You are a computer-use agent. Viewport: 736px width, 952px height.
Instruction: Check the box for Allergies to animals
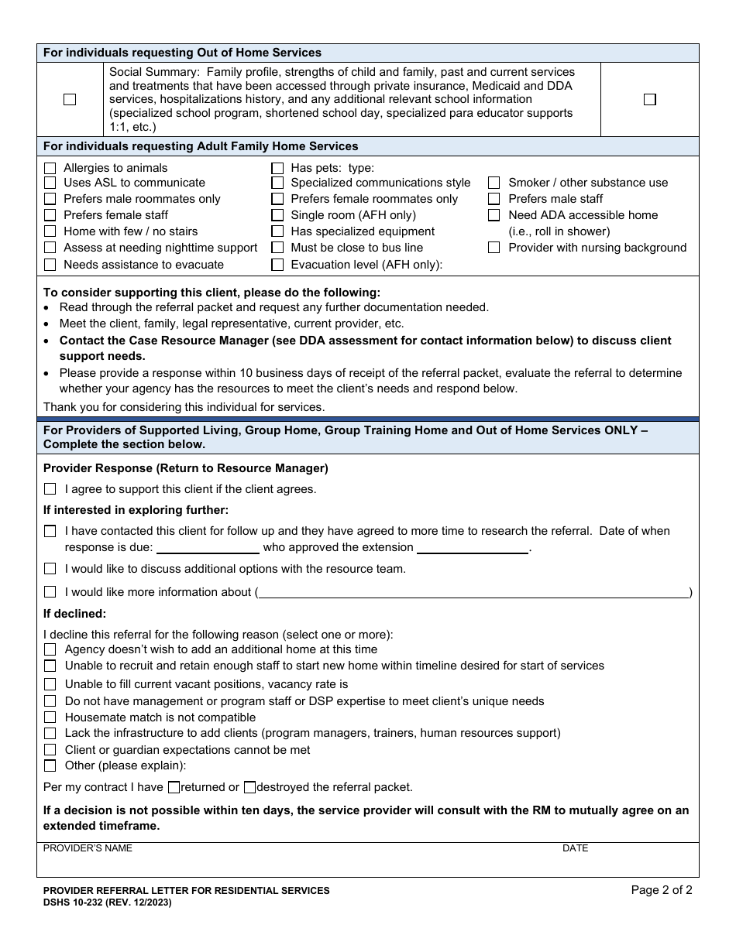pos(50,168)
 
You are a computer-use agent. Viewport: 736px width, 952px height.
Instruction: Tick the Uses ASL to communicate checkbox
pos(50,183)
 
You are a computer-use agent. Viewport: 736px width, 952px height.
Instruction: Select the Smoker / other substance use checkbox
pos(494,183)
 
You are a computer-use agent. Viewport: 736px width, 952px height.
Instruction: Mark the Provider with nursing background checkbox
pos(494,248)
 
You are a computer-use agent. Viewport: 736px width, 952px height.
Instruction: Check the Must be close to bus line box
pos(277,248)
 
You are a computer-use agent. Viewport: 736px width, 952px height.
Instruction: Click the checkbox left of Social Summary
pos(70,99)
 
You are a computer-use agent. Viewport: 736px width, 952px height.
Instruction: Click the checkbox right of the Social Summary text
pos(649,99)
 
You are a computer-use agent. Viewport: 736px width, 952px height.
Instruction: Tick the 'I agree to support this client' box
pos(50,489)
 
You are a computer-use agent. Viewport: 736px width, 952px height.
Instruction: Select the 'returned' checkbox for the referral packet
pos(174,787)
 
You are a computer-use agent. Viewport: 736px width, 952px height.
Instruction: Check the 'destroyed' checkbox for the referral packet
pos(249,787)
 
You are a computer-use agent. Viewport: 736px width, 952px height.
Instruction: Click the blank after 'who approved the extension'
pos(473,548)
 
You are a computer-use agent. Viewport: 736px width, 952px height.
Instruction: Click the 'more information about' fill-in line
pos(473,593)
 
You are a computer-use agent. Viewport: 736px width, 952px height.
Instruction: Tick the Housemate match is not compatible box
pos(50,717)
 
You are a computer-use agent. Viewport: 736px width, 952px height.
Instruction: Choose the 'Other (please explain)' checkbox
pos(50,765)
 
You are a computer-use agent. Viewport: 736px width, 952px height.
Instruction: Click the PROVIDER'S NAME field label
pos(88,848)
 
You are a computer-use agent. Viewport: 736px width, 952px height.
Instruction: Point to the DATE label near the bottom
pos(575,848)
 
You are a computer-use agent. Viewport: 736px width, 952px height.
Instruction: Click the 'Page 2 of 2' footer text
pos(662,890)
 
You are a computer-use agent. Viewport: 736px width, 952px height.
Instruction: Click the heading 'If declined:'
pos(74,614)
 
